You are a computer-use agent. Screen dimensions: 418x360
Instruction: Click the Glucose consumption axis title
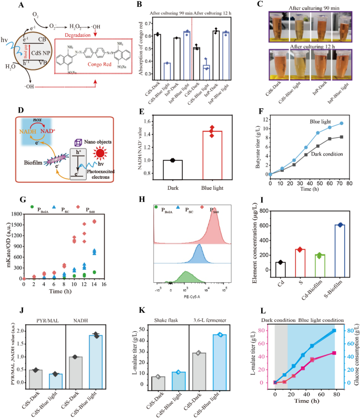[356, 358]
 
